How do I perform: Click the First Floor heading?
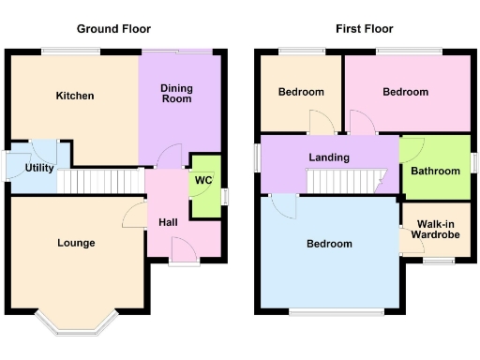click(364, 29)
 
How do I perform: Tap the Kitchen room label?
click(75, 96)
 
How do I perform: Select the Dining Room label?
click(176, 94)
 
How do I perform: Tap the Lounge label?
click(76, 243)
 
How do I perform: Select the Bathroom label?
click(435, 172)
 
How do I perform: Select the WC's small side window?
click(224, 196)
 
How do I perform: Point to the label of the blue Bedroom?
click(330, 244)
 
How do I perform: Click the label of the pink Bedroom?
click(405, 92)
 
